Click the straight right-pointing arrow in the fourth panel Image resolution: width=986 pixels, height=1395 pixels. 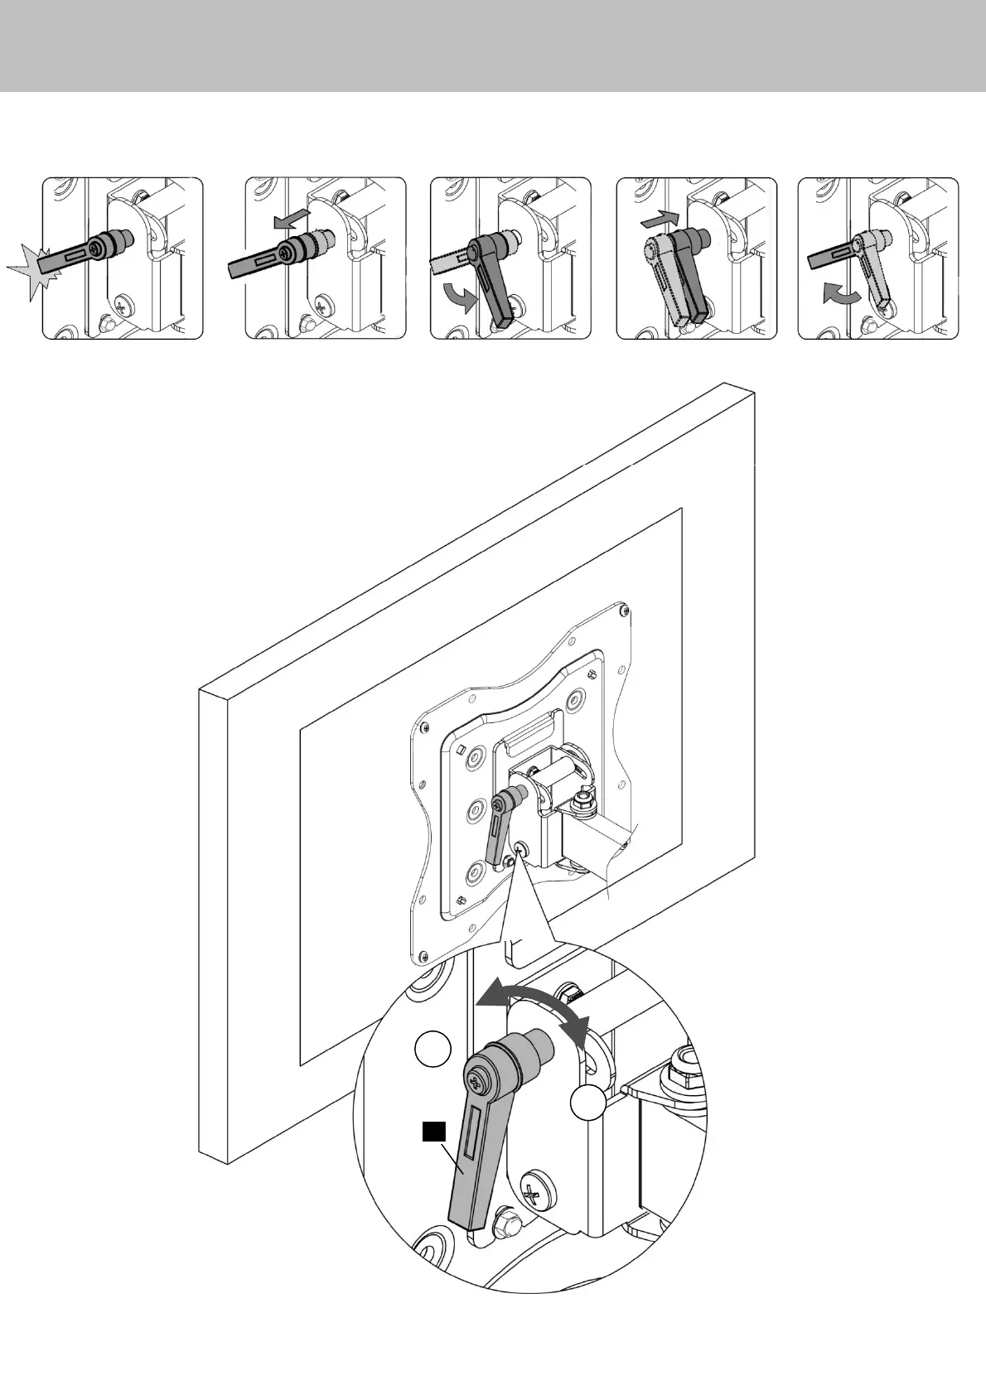660,220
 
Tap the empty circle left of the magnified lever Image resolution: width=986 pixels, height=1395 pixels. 433,1049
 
